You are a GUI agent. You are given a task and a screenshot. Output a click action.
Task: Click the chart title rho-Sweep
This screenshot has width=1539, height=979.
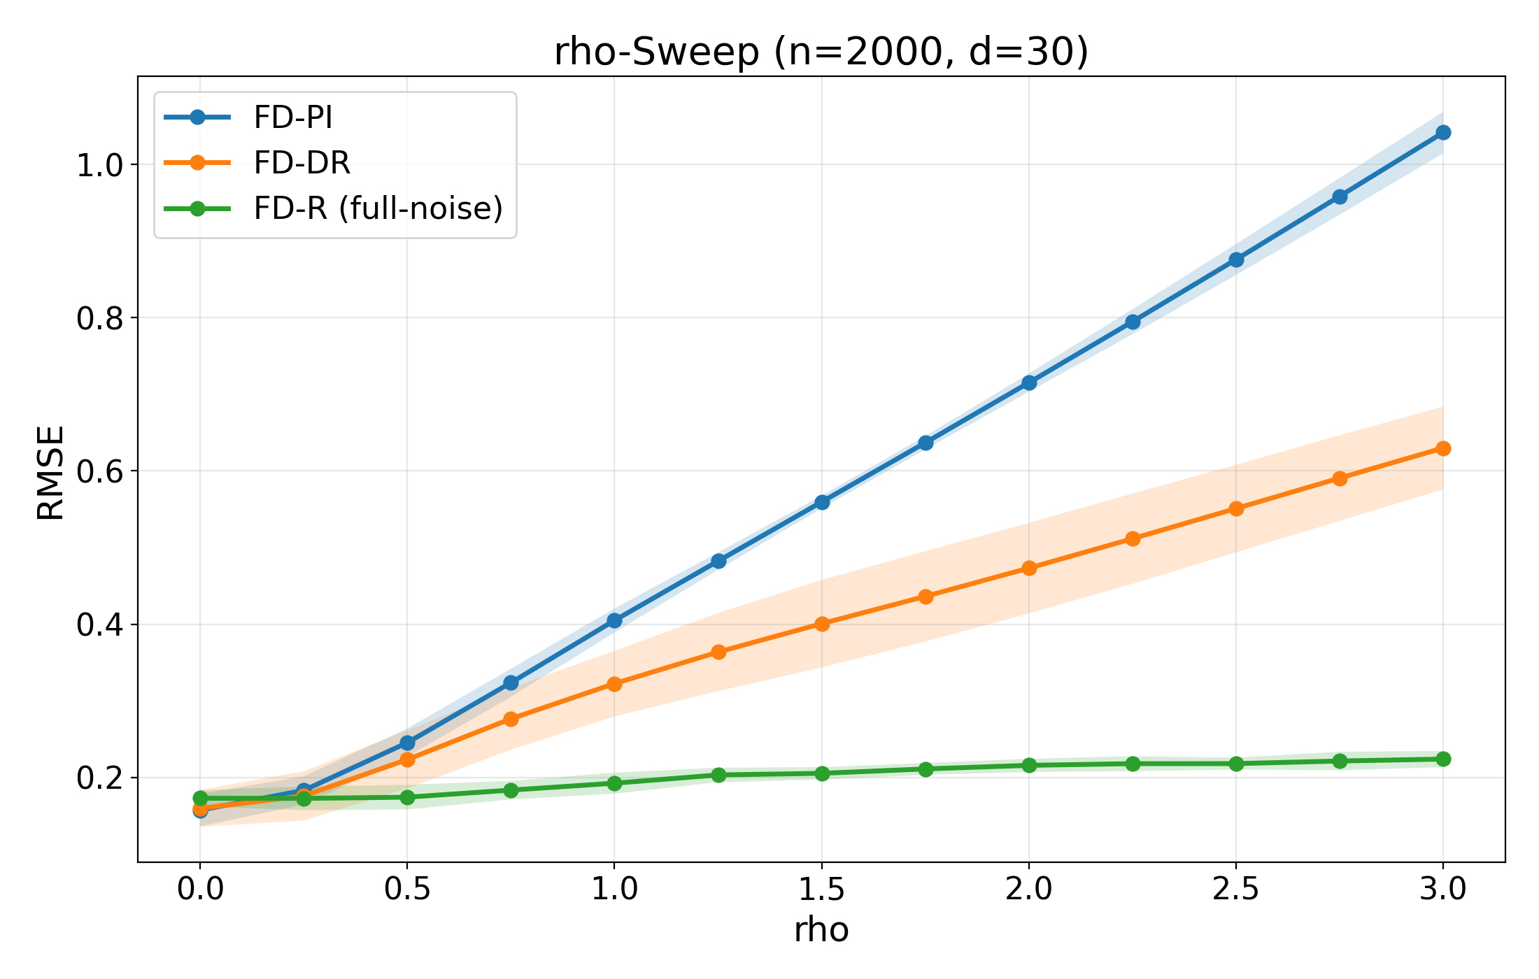pos(821,52)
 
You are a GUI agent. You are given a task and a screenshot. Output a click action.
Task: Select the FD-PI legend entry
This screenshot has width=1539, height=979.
pos(292,117)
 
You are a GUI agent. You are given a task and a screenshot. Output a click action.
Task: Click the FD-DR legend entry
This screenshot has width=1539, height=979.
pos(301,163)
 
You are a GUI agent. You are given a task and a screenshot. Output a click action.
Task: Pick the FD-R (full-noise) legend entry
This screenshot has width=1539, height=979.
pos(378,208)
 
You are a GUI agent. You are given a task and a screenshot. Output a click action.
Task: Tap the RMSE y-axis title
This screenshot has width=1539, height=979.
pos(50,473)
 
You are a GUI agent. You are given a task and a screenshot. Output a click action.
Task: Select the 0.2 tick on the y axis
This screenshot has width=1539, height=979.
pos(99,778)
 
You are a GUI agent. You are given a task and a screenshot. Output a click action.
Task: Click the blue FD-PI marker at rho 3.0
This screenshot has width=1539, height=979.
pos(1443,133)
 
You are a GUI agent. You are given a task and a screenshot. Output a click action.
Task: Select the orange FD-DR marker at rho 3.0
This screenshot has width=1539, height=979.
pos(1443,448)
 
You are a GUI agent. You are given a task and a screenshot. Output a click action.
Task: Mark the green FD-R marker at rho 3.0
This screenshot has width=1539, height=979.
pos(1443,759)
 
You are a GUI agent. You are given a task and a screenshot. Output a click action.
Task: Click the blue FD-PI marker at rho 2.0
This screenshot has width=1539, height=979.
pos(1029,383)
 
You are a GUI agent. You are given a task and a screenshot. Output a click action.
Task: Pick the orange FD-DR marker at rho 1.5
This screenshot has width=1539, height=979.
pos(822,624)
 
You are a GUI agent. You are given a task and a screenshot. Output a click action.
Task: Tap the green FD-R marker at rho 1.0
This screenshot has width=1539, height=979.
pos(614,783)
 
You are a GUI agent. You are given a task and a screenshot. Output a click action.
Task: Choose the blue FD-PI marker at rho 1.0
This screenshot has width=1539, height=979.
pos(614,620)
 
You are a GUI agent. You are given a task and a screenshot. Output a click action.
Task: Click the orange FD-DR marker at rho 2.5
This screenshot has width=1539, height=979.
pos(1236,508)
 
